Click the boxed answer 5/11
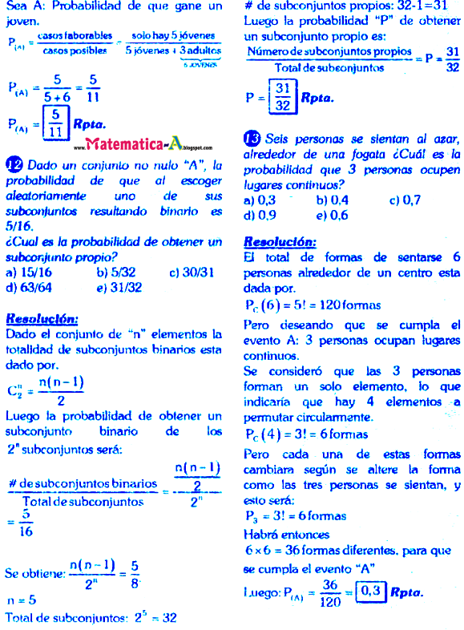pos(55,123)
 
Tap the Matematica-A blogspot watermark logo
pos(149,145)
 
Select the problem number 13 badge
pos(252,139)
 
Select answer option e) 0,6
pos(332,215)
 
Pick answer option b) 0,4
pos(332,200)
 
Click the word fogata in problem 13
pos(361,154)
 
